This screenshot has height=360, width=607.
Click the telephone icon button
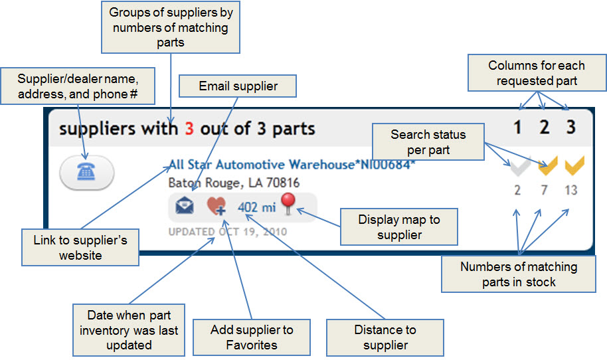86,172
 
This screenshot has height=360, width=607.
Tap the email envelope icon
185,207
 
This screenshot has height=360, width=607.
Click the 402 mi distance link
256,207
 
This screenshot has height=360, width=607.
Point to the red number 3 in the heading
189,128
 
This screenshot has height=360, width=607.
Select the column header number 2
545,127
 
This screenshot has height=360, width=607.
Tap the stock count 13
571,191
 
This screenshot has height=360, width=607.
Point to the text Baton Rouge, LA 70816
234,183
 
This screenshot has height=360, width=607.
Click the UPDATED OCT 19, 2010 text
228,232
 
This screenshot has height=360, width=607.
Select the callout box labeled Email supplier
238,86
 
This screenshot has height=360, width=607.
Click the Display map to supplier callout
398,227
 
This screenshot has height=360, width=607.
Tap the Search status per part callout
428,142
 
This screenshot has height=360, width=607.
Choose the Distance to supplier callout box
385,337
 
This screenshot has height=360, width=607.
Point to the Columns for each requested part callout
536,73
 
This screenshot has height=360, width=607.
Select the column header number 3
570,127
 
